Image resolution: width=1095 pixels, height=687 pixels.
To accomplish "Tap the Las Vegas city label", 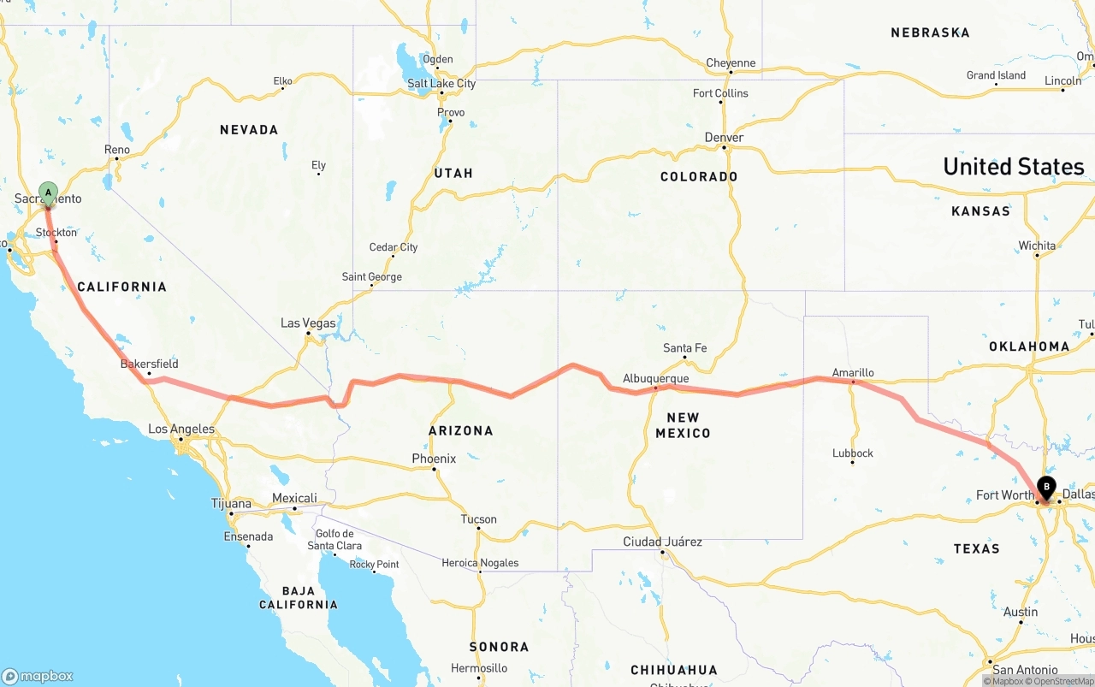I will click(308, 323).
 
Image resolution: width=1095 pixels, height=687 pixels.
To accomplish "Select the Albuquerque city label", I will click(655, 378).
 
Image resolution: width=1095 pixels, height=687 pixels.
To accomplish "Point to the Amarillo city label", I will click(853, 373).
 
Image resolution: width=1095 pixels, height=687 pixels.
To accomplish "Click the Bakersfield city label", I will click(149, 364).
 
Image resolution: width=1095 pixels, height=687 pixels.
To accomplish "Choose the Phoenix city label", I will click(434, 459).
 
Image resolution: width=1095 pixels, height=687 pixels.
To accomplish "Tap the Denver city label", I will click(724, 138).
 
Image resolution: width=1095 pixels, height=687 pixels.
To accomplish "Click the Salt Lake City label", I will click(441, 84).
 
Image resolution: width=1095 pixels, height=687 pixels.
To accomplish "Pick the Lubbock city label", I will click(853, 453).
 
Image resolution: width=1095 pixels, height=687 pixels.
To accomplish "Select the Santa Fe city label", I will click(684, 348).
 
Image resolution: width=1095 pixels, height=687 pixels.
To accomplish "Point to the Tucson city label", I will click(478, 518).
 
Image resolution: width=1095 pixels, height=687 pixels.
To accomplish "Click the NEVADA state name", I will click(249, 130).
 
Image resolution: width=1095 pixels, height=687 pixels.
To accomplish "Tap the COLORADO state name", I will click(699, 177).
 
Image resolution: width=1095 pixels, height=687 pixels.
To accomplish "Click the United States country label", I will click(1013, 166).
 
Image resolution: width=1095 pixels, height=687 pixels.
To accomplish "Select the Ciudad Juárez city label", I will click(662, 542).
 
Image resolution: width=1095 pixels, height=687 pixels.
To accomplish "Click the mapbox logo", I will click(38, 676).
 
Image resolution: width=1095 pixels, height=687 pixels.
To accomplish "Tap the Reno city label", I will click(117, 150).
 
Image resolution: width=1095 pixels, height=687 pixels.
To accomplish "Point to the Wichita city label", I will click(1037, 246).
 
